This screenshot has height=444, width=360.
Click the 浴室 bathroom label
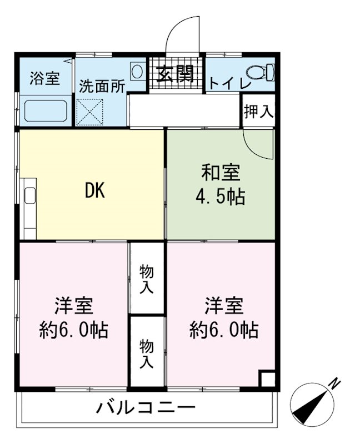point(44,78)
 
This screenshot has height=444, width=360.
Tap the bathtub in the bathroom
point(46,111)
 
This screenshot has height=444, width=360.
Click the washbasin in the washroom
point(136,71)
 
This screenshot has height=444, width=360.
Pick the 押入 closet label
point(258,111)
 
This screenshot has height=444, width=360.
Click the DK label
point(94,191)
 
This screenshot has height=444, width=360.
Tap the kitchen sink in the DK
point(29,198)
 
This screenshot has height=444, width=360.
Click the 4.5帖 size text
point(221,197)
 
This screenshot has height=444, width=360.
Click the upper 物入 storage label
point(147,279)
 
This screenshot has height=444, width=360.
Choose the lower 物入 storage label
point(147,354)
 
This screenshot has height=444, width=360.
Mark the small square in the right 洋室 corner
point(267,379)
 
